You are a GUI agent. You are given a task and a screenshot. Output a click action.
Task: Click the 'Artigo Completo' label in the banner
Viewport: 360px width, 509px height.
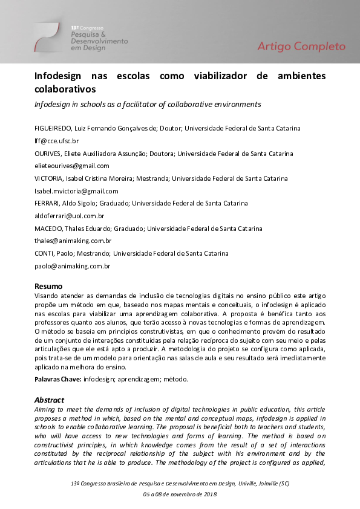click(301, 47)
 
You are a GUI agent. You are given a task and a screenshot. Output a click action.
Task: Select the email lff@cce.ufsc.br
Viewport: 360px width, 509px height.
click(53, 141)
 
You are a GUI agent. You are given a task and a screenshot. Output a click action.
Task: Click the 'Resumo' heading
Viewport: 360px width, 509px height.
click(48, 286)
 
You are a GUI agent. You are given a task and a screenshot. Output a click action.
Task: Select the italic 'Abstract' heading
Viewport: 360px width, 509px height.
click(49, 400)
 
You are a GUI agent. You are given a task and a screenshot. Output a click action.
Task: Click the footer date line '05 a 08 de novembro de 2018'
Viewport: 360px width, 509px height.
click(180, 494)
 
